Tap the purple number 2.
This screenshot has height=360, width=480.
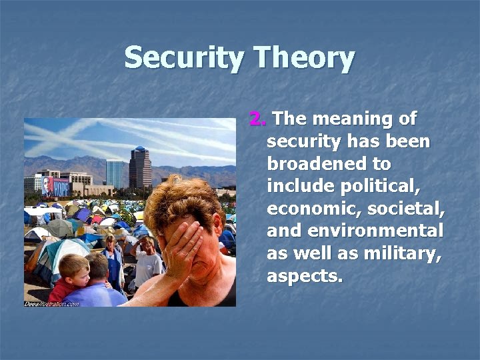click(x=257, y=119)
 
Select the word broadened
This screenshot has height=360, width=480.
click(x=329, y=164)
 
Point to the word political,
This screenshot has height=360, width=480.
click(x=380, y=186)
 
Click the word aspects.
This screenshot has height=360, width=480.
click(x=305, y=276)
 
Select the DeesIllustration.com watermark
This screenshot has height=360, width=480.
click(x=51, y=303)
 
